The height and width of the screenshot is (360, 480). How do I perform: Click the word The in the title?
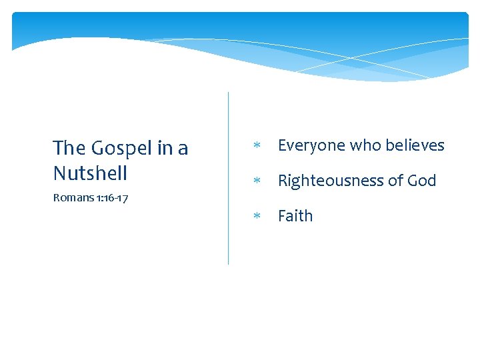(69, 147)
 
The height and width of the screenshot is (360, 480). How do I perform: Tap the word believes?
(414, 145)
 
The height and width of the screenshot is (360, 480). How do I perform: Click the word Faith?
(295, 215)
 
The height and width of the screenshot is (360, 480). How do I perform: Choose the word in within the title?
(164, 148)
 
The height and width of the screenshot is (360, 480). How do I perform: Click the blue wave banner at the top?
(240, 33)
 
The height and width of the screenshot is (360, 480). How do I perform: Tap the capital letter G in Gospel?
(98, 148)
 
